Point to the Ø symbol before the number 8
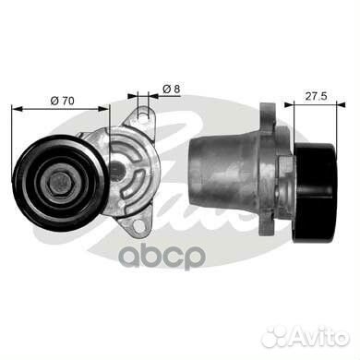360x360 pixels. (x=164, y=89)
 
